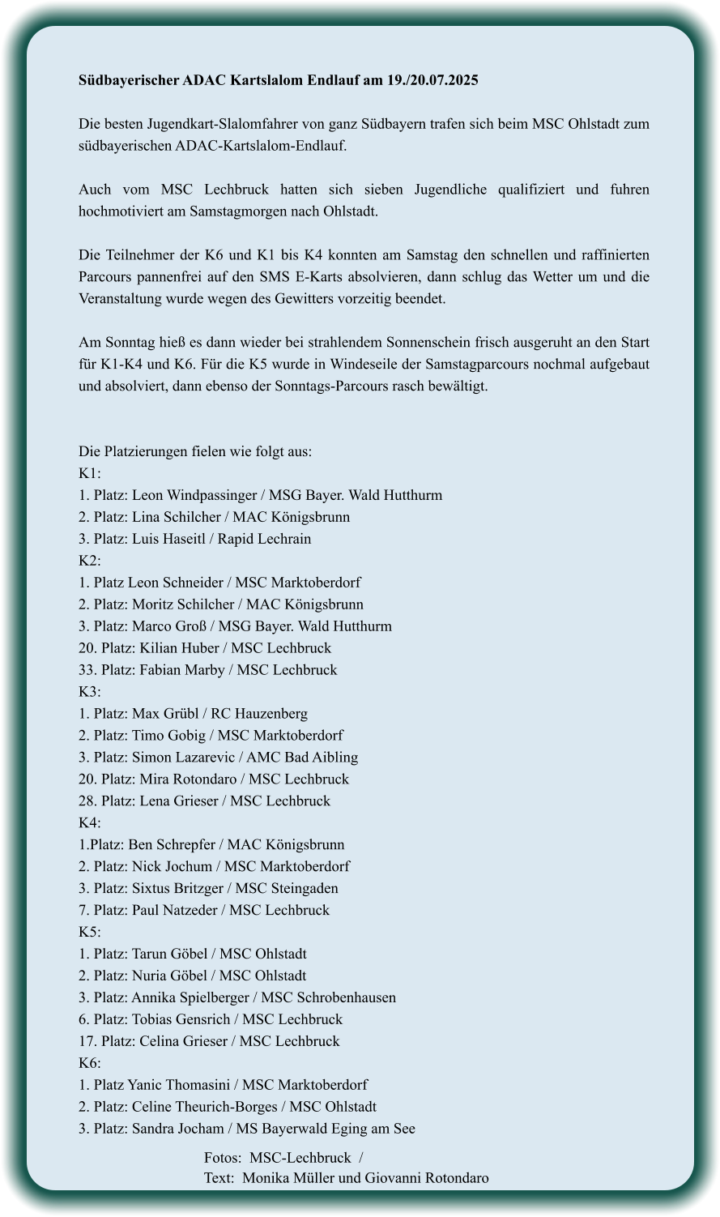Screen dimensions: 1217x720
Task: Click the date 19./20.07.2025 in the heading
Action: point(432,80)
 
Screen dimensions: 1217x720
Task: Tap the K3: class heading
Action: point(89,692)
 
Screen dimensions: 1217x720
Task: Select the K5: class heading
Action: point(89,933)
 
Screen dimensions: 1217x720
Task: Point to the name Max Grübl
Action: point(164,714)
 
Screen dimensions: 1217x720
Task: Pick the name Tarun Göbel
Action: point(170,954)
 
